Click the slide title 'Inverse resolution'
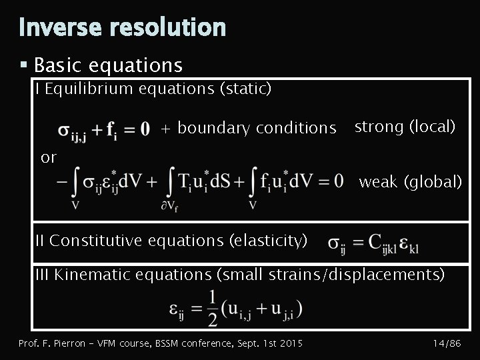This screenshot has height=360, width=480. coord(123,27)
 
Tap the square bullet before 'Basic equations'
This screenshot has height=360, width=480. coord(23,65)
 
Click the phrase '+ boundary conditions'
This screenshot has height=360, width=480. coord(249,127)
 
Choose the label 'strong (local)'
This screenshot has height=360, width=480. coord(405,126)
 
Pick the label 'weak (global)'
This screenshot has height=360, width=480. coord(410,181)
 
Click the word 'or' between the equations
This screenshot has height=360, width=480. coord(49,157)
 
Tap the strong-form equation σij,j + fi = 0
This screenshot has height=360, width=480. coord(103,128)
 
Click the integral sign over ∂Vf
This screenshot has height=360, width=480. coord(171,180)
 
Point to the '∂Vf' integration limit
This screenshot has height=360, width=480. coord(171,206)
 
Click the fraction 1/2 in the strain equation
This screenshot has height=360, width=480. coord(213,308)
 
